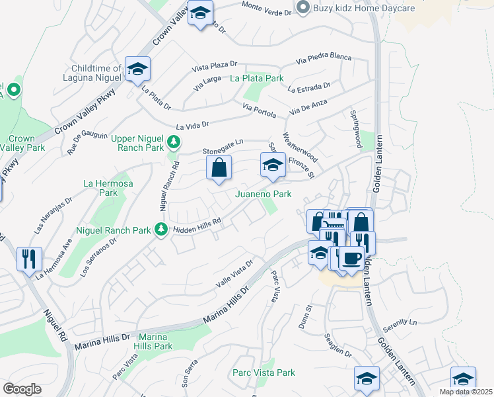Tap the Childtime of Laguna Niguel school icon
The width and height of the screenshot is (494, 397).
(137, 69)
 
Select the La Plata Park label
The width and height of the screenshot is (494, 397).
(256, 78)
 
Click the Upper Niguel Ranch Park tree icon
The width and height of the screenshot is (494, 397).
(174, 142)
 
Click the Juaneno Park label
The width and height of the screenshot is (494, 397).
(264, 194)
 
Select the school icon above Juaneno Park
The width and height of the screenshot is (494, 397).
(272, 165)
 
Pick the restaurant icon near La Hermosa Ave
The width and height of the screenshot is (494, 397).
(28, 259)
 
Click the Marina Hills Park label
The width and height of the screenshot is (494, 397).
(153, 341)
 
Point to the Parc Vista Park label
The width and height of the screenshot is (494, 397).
(264, 373)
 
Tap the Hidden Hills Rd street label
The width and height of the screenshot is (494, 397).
(196, 226)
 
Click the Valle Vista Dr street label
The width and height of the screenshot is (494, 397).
(234, 275)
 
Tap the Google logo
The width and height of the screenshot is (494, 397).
(21, 389)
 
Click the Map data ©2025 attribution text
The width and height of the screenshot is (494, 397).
(466, 392)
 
